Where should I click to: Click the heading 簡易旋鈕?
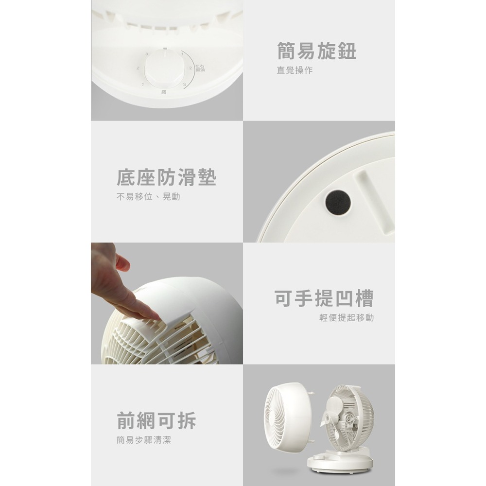tap(316, 51)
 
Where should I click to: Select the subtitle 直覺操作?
tap(295, 70)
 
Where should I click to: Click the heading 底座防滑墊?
tap(166, 178)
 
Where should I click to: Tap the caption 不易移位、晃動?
tap(148, 197)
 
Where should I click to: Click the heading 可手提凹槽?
tap(324, 298)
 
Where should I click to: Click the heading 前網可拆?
tap(156, 420)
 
